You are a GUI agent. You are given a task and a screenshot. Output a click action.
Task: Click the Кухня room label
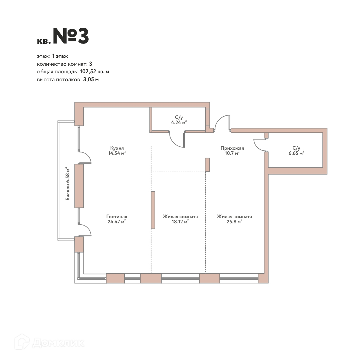click(117, 148)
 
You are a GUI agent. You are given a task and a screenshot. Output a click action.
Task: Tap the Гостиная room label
click(117, 216)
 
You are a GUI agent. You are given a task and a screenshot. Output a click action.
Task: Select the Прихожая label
click(232, 148)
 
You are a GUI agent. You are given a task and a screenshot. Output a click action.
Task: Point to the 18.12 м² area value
click(180, 222)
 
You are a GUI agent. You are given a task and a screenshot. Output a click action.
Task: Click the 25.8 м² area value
click(234, 222)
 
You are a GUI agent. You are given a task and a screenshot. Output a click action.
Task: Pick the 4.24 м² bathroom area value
click(179, 122)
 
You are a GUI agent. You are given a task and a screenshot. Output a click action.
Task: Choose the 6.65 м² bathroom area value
click(296, 153)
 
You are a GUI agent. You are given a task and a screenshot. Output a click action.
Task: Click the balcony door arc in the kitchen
click(89, 155)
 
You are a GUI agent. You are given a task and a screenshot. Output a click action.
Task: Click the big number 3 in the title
click(83, 36)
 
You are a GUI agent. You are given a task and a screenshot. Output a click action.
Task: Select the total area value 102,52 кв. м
click(94, 72)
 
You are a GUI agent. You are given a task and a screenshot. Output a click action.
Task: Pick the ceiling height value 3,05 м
click(91, 79)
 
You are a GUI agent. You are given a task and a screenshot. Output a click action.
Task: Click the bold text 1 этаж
click(60, 56)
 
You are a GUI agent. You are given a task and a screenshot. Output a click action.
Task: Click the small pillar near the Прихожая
click(207, 165)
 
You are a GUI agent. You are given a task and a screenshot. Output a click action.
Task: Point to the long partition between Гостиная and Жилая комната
click(153, 210)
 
